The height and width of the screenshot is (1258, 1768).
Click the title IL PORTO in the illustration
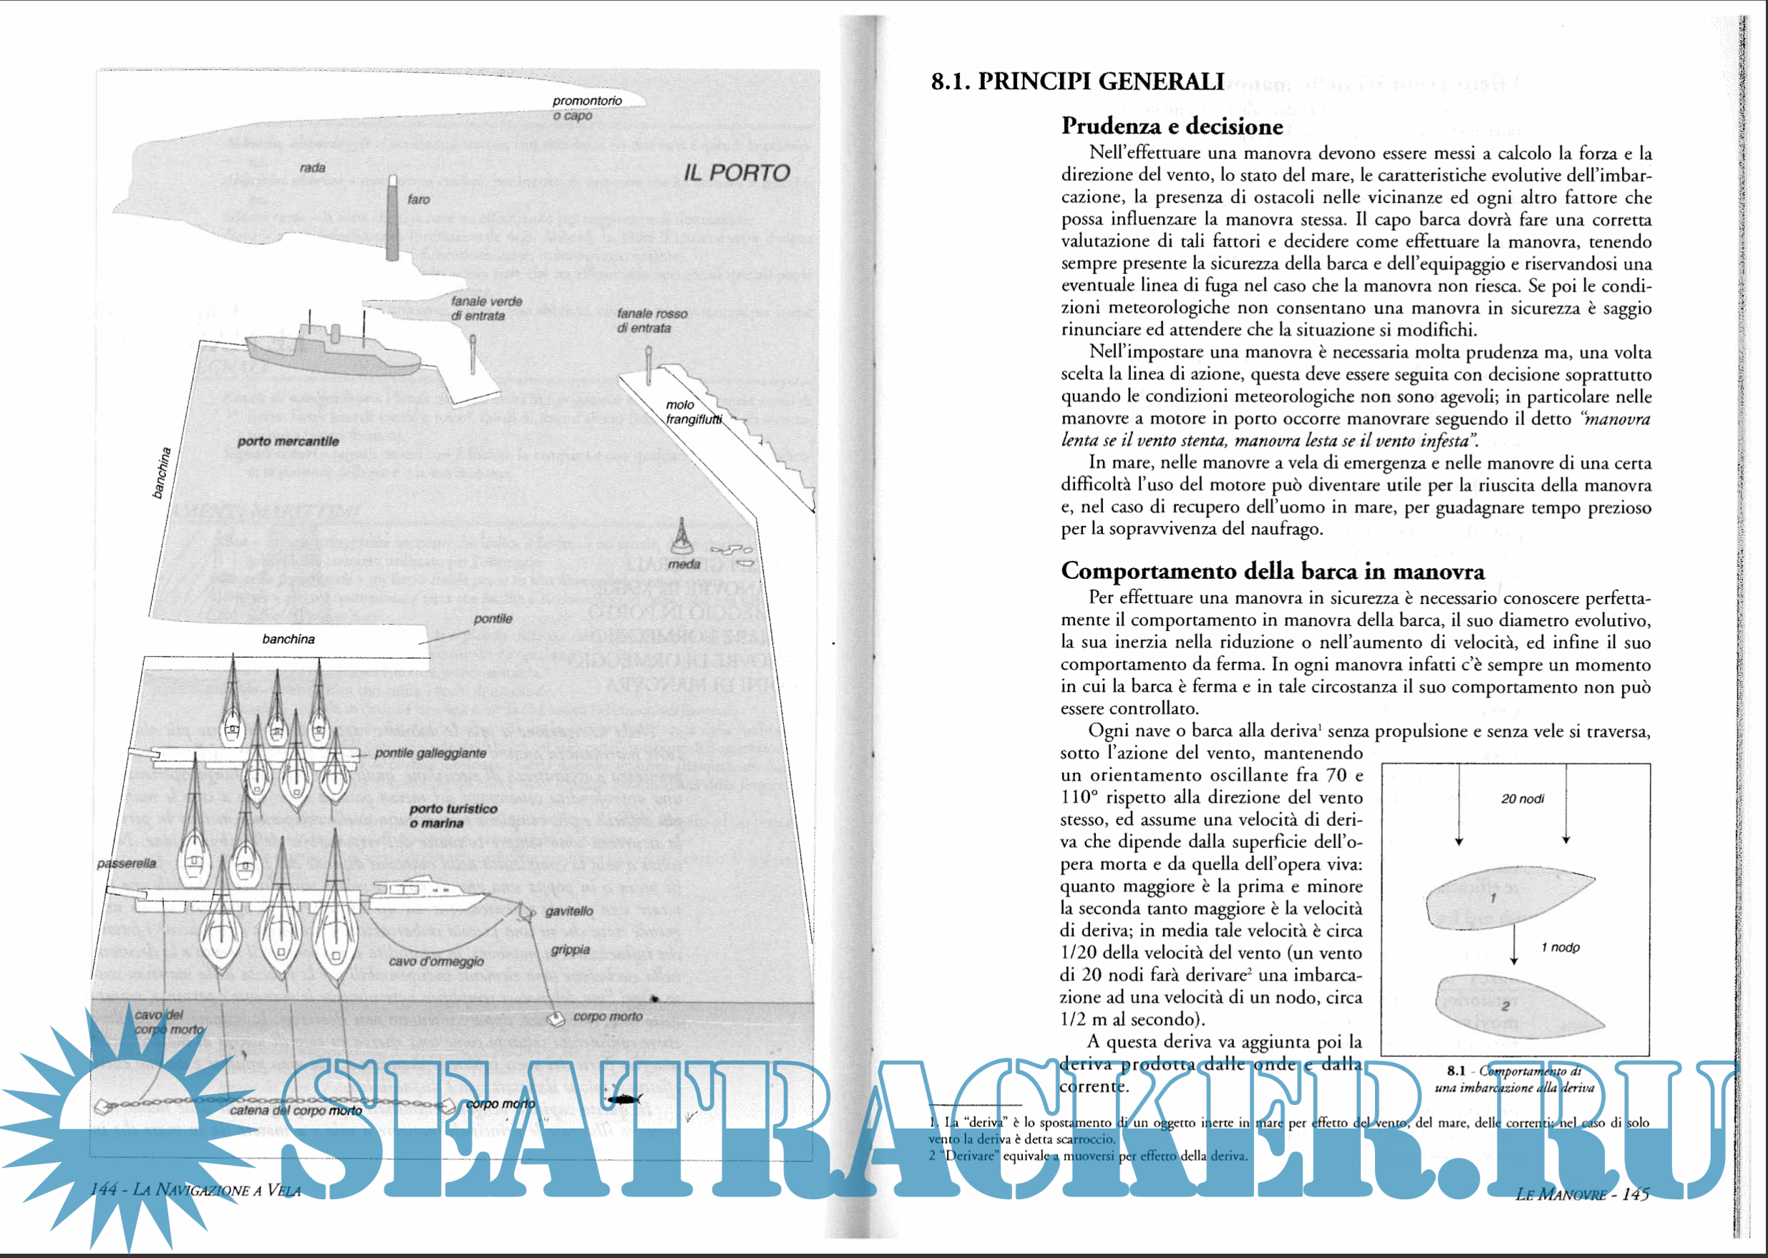point(736,172)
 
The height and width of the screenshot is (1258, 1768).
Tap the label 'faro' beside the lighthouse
point(418,200)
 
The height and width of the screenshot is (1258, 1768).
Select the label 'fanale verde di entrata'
point(487,308)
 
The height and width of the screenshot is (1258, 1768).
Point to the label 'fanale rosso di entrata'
point(651,321)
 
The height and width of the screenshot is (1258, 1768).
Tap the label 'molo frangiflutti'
point(694,412)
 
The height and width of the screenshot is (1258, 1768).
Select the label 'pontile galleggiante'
point(430,753)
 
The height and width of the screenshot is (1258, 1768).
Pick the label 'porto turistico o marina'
point(453,816)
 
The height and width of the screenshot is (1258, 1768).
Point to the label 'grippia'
point(570,950)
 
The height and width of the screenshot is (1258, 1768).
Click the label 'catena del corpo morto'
point(296,1110)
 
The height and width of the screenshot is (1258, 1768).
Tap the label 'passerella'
point(126,863)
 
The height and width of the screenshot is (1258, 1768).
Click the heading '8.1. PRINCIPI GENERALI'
point(1078,82)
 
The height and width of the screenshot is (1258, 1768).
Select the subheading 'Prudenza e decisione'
point(1172,125)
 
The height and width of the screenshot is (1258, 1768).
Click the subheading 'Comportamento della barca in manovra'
point(1272,571)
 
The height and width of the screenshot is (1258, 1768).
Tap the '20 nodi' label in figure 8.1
point(1522,799)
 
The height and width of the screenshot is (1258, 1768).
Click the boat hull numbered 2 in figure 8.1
point(1511,1005)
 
